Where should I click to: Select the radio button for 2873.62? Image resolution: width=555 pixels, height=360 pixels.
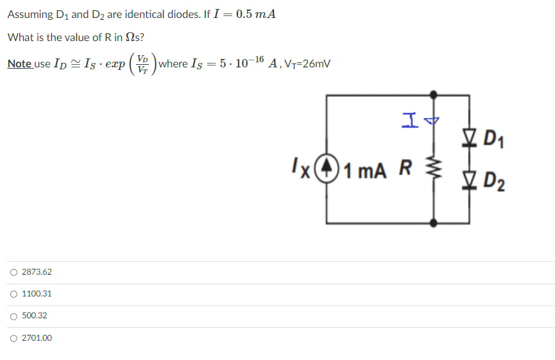(x=13, y=273)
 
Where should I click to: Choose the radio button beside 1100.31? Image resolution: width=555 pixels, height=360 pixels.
(x=13, y=295)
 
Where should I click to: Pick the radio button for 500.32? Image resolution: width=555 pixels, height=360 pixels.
(x=13, y=316)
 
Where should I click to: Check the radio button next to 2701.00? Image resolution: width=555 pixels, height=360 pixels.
(x=13, y=338)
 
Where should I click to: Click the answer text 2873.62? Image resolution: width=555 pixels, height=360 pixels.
(x=37, y=273)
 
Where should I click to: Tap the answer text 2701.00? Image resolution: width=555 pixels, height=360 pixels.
(x=37, y=338)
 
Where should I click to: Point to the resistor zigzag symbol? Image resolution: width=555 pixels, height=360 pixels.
(x=434, y=172)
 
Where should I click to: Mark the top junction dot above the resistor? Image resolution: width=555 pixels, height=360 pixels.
(x=434, y=95)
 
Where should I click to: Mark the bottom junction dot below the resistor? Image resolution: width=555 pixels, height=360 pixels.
(x=434, y=223)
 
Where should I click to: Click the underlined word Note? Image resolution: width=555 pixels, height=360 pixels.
(x=19, y=64)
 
